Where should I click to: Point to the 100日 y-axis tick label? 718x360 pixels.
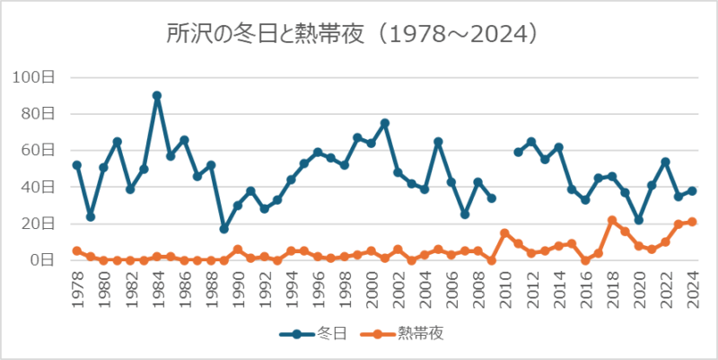pyautogui.click(x=33, y=77)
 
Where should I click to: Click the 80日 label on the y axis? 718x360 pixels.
pyautogui.click(x=37, y=114)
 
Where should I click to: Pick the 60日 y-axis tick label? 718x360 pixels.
pyautogui.click(x=37, y=150)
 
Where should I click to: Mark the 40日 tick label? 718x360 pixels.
pyautogui.click(x=37, y=187)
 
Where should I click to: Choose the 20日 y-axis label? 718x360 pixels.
pyautogui.click(x=37, y=224)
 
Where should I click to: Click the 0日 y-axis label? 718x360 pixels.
pyautogui.click(x=40, y=260)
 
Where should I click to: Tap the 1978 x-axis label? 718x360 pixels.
pyautogui.click(x=77, y=289)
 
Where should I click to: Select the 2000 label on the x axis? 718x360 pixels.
pyautogui.click(x=372, y=289)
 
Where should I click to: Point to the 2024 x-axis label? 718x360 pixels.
pyautogui.click(x=692, y=289)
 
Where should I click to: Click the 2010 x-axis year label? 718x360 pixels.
pyautogui.click(x=505, y=289)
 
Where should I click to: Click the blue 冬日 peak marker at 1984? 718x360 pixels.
pyautogui.click(x=157, y=95)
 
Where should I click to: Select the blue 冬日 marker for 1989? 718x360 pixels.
pyautogui.click(x=224, y=229)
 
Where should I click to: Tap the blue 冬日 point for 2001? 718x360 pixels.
pyautogui.click(x=384, y=123)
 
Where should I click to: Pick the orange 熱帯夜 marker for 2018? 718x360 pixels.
pyautogui.click(x=612, y=220)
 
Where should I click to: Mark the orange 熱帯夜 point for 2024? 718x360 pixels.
pyautogui.click(x=692, y=222)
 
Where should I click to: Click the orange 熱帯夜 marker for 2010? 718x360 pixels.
pyautogui.click(x=505, y=233)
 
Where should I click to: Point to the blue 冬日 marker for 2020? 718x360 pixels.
pyautogui.click(x=639, y=220)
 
